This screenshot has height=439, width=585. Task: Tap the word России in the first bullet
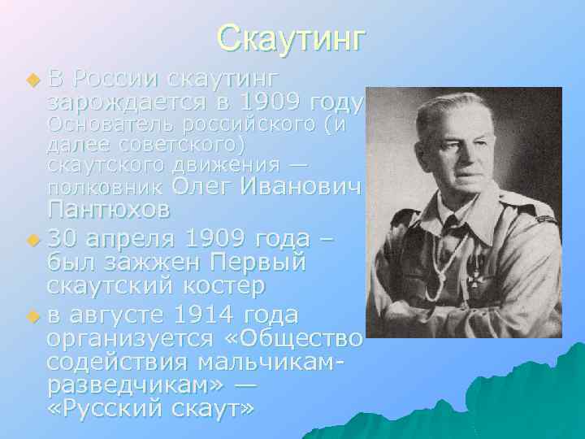115,80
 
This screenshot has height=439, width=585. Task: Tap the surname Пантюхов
109,210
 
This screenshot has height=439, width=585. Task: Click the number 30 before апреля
63,241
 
